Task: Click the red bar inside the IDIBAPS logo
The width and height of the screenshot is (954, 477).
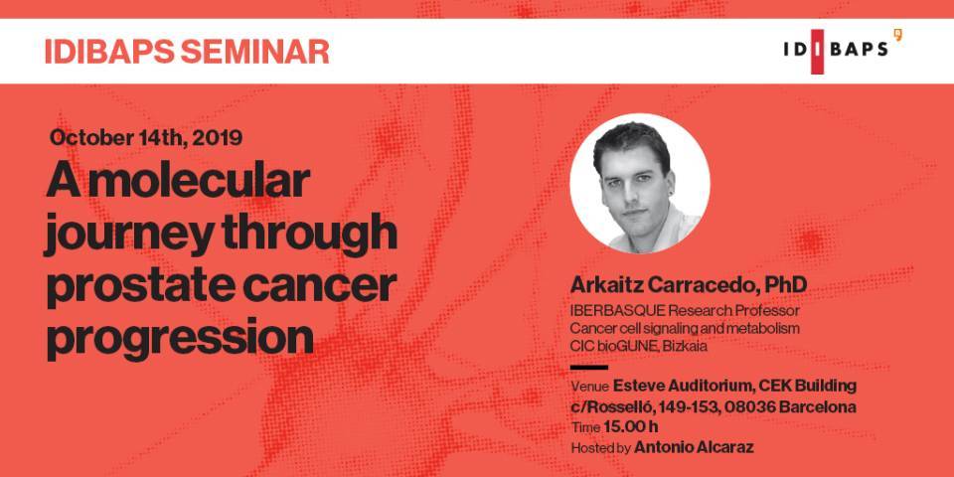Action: [x=817, y=52]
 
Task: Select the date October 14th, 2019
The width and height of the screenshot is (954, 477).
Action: [x=146, y=137]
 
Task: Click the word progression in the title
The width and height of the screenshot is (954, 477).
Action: [x=180, y=341]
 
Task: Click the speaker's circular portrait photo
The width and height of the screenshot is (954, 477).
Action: [x=639, y=183]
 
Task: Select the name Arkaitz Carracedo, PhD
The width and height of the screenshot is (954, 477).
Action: [x=689, y=285]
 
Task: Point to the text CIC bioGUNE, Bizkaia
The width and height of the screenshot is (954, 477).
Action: [x=639, y=346]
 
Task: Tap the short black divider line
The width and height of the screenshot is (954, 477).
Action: [x=589, y=368]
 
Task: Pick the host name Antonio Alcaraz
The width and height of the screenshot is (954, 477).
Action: [x=695, y=448]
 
